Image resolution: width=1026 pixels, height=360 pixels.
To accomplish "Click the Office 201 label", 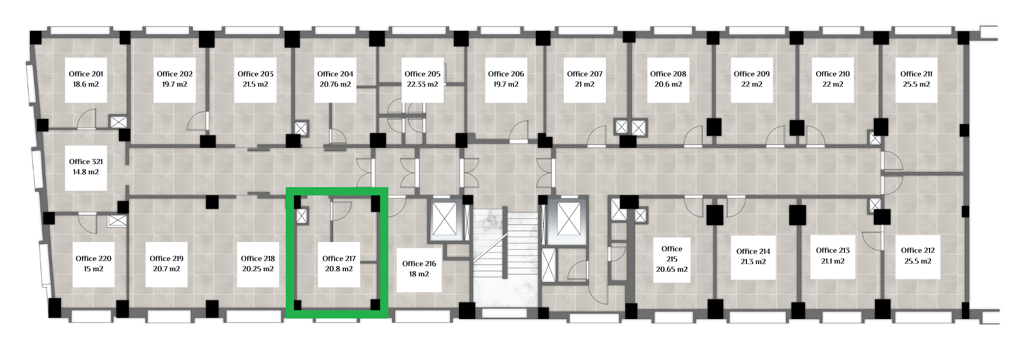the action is click(x=86, y=74).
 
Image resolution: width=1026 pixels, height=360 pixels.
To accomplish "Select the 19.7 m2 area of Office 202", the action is click(x=174, y=84).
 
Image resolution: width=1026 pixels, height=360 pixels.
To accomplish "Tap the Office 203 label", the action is click(x=255, y=74).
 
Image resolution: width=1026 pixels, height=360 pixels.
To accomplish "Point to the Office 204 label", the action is click(x=335, y=74).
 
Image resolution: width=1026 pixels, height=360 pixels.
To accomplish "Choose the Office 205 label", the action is click(x=422, y=74).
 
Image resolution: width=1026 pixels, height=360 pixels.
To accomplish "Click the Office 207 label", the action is click(x=585, y=74).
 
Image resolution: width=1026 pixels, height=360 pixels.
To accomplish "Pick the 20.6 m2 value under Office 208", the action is click(x=668, y=84).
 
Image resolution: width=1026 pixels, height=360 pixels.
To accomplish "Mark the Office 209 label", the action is click(x=752, y=74).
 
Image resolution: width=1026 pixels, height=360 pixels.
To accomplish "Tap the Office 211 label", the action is click(x=916, y=74).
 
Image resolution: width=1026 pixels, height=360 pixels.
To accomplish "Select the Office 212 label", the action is click(x=918, y=250).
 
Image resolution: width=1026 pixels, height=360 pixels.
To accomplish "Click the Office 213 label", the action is click(x=833, y=250).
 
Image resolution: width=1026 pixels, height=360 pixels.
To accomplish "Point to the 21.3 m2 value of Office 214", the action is click(x=753, y=262).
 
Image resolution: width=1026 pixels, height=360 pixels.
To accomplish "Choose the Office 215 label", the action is click(x=672, y=254).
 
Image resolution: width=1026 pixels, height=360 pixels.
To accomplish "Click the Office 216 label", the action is click(x=419, y=264).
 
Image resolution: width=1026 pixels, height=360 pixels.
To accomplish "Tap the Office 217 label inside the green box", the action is click(x=339, y=258).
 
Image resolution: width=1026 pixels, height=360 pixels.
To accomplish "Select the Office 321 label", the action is click(x=86, y=162).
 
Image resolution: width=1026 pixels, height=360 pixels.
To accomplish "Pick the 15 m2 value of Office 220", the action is click(x=93, y=269).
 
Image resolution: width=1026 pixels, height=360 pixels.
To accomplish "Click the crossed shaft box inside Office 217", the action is click(x=302, y=216).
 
